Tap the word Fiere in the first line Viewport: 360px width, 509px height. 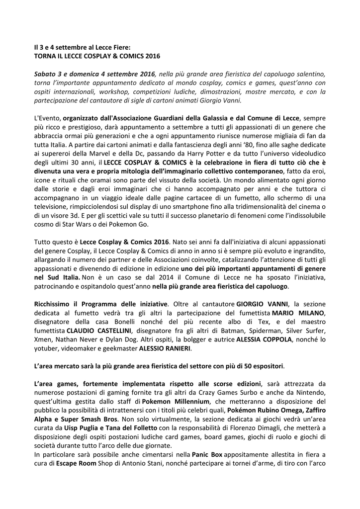point(107,47)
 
